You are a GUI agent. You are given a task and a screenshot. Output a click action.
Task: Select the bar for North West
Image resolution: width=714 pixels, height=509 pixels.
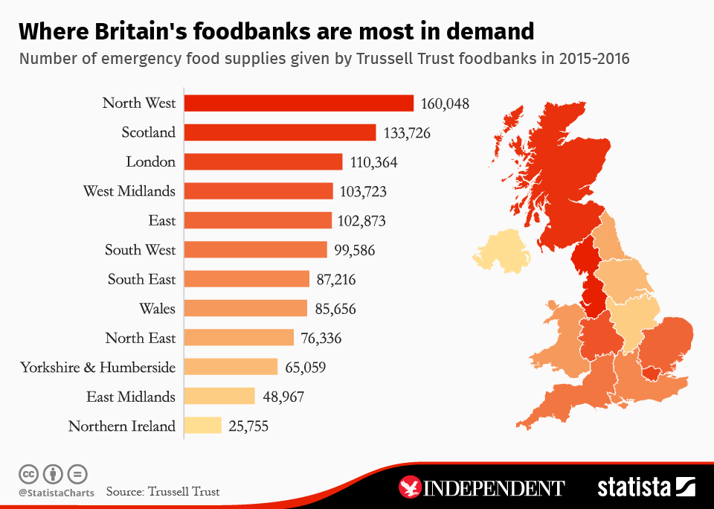click(x=298, y=103)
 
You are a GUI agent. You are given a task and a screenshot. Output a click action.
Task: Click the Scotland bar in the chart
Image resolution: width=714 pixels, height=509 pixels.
click(x=280, y=132)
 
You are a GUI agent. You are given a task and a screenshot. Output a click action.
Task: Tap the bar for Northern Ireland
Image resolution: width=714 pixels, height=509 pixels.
click(x=202, y=426)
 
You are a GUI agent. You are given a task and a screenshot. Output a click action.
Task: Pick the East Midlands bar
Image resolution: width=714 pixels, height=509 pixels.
click(x=219, y=397)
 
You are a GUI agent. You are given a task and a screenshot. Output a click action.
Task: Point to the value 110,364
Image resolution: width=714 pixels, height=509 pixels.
click(x=374, y=162)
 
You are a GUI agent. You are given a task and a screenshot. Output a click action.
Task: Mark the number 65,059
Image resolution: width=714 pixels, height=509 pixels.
click(x=305, y=367)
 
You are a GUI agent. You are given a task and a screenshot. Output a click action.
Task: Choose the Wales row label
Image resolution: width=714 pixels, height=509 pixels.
click(x=157, y=308)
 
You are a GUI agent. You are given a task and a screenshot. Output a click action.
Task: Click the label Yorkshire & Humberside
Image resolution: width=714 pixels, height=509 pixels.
click(x=97, y=367)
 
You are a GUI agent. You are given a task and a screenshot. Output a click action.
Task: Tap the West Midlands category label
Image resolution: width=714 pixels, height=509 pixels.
click(x=129, y=191)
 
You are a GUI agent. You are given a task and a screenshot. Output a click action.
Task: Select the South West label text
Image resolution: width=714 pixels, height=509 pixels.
click(x=140, y=250)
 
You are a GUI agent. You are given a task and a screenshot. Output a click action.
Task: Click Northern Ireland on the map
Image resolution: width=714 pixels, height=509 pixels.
click(x=501, y=252)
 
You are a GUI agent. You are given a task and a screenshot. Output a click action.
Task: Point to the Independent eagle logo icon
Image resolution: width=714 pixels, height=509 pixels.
click(x=411, y=487)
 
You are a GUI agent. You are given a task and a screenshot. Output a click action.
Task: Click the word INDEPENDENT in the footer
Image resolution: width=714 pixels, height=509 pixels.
click(x=495, y=488)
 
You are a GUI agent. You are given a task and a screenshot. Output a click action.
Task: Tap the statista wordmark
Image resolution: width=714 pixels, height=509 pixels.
click(x=634, y=487)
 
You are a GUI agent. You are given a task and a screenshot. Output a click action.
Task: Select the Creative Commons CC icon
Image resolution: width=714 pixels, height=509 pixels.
click(x=28, y=473)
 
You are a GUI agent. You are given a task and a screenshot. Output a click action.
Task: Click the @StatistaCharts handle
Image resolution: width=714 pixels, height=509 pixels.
click(x=57, y=493)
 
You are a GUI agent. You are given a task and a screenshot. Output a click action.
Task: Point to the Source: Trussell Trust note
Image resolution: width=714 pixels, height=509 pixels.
click(x=163, y=492)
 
